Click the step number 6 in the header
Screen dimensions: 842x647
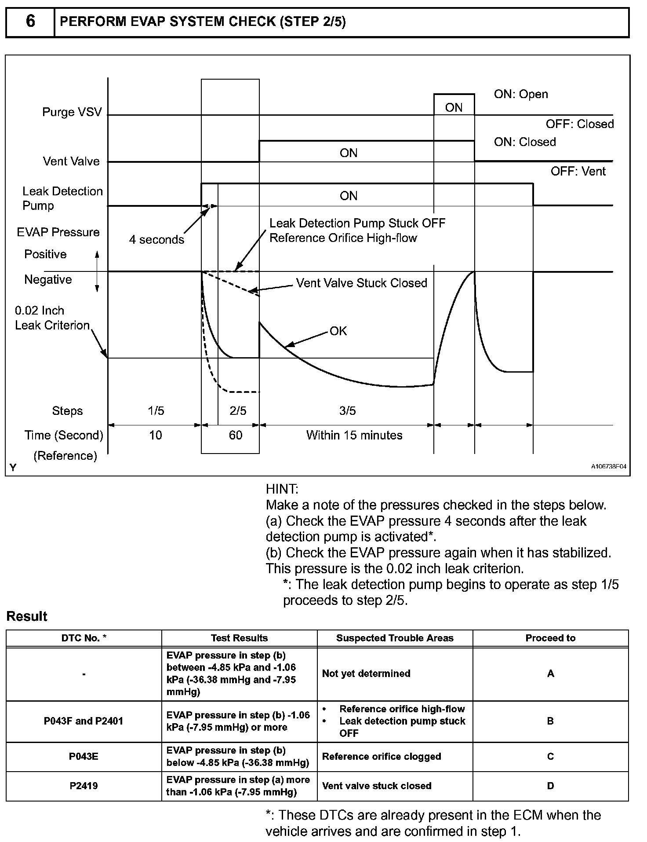[30, 21]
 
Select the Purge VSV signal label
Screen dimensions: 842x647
[72, 112]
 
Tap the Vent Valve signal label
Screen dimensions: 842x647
[71, 161]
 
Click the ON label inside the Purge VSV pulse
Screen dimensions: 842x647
[454, 108]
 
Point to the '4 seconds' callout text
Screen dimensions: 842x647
[156, 240]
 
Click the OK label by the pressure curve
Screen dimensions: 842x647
[338, 331]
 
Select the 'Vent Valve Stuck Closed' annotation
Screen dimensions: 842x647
[361, 283]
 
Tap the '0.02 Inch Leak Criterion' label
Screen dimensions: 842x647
[52, 318]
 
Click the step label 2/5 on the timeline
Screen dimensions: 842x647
[238, 411]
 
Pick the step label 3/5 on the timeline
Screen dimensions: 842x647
[347, 411]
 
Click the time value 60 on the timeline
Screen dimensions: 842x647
[236, 436]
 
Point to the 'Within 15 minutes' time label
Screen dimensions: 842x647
[354, 436]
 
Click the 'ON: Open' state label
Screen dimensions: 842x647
[521, 95]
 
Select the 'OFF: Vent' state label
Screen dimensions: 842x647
[578, 172]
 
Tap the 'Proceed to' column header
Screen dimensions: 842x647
[550, 638]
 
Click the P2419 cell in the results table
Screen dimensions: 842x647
[84, 786]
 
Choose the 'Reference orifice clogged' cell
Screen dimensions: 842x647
[382, 757]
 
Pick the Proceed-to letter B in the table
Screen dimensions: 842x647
[550, 721]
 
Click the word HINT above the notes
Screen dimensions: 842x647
[282, 489]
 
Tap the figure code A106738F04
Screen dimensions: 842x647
[608, 467]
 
